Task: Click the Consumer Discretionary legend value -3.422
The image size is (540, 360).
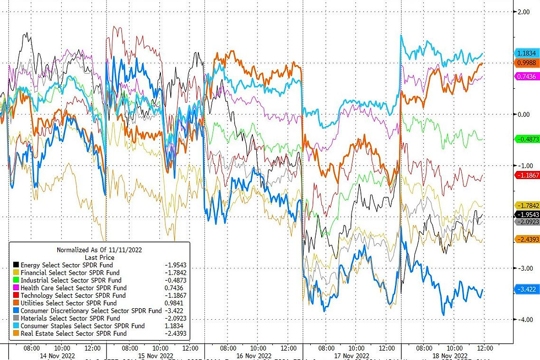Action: click(x=174, y=311)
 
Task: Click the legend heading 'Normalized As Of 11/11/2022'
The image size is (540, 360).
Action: click(x=99, y=249)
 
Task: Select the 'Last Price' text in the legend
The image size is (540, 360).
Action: click(x=99, y=257)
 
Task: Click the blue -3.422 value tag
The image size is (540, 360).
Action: click(x=527, y=289)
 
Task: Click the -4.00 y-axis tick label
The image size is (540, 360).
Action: click(x=521, y=320)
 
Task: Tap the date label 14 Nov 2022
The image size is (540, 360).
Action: click(x=56, y=357)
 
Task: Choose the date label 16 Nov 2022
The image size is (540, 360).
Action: click(x=254, y=357)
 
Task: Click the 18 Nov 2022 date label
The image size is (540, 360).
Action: click(x=450, y=357)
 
